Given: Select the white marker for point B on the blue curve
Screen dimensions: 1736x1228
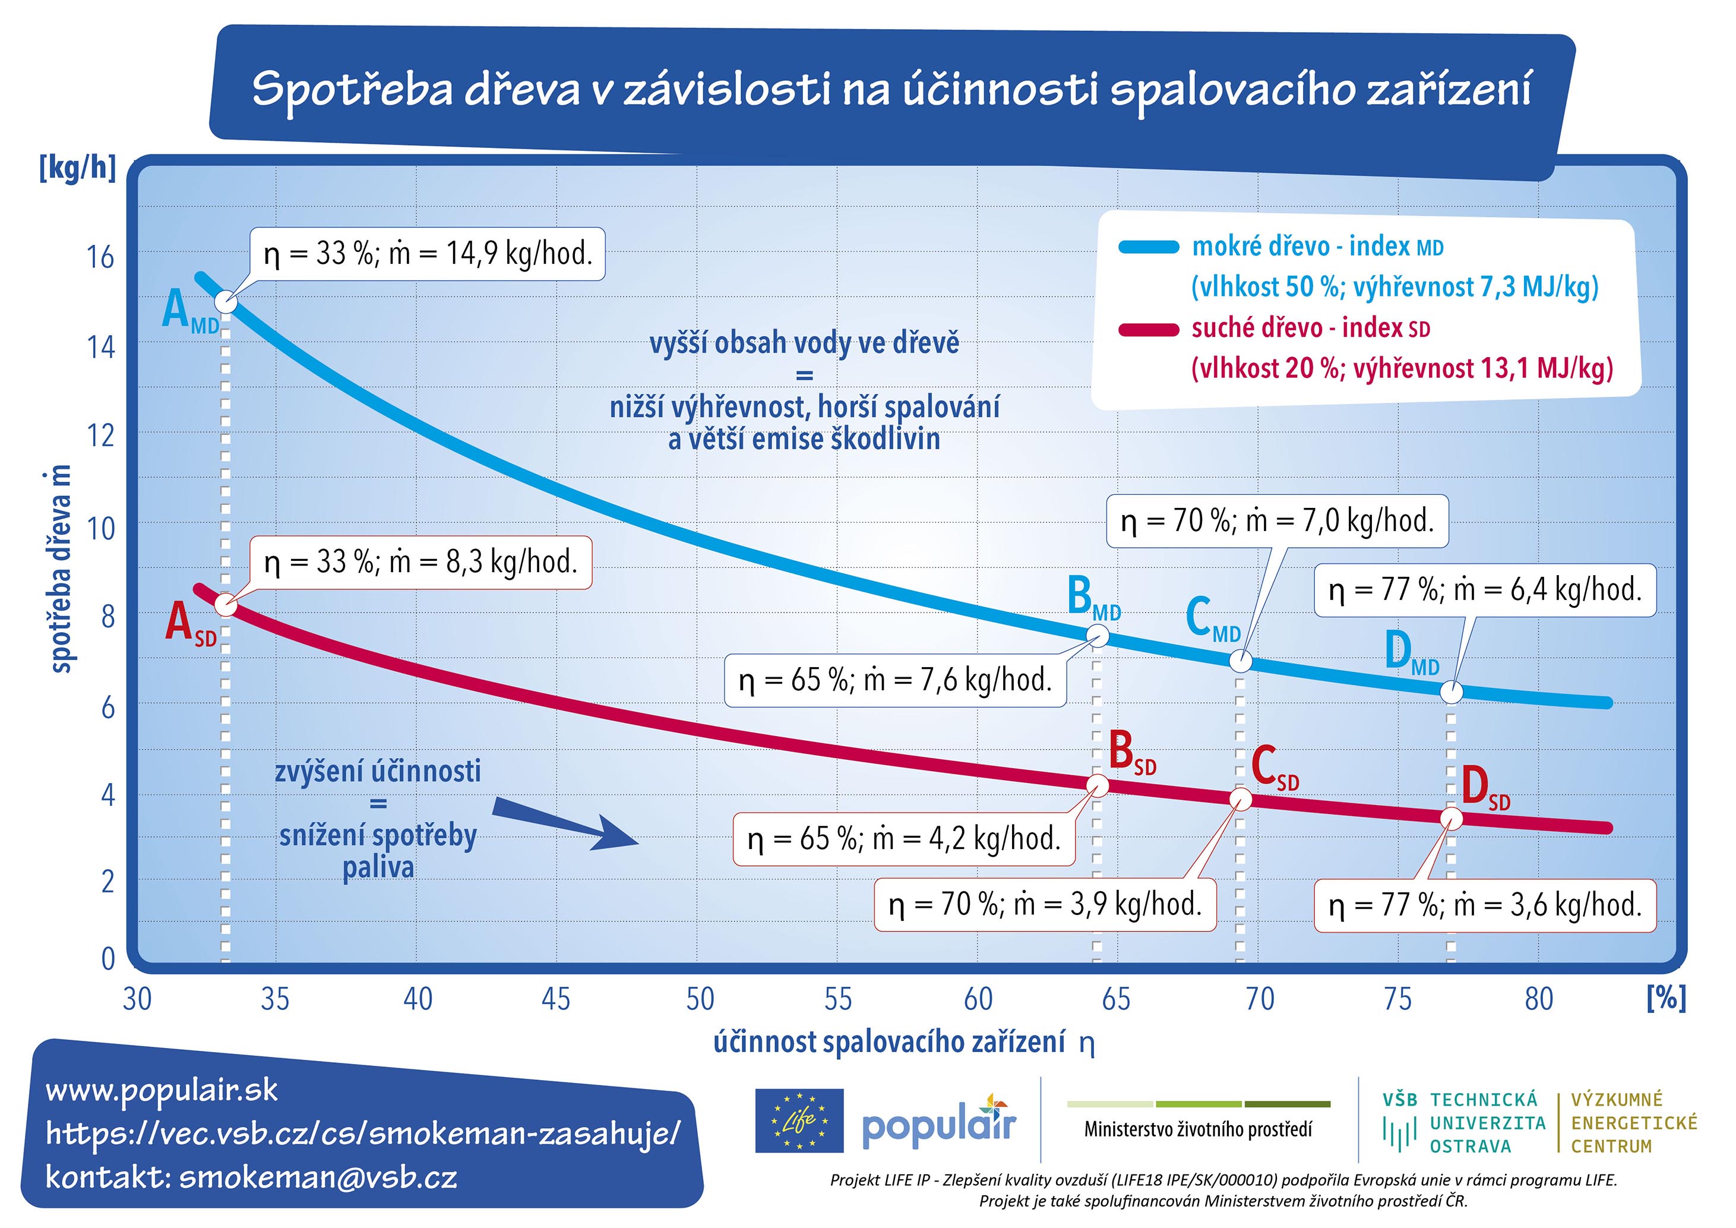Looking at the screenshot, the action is pos(1099,636).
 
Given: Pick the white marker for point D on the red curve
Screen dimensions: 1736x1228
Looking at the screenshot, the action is pos(1451,817).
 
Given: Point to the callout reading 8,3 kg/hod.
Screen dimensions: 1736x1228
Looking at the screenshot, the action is pos(420,563).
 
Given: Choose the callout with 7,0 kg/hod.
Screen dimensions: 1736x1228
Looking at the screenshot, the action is pos(1277,522).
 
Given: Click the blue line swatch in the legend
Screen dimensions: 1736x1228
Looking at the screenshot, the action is pos(1148,247).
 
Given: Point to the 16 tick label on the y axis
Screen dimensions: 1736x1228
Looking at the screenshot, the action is pos(100,258).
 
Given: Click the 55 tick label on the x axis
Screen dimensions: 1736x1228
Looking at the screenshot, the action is pos(838,1000).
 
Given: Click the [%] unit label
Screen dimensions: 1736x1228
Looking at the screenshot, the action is pos(1667,998).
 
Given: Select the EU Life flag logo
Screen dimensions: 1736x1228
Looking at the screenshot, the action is pos(799,1120).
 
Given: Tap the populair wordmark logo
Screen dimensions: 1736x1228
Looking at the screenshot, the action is pos(939,1122).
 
